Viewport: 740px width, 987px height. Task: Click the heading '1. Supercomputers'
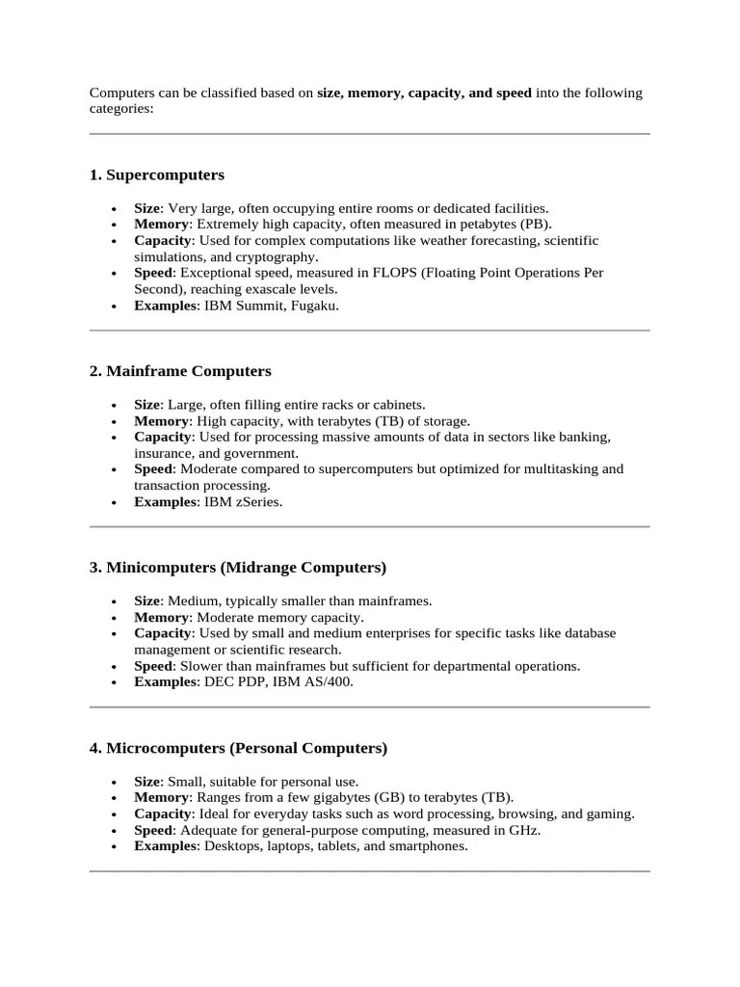click(x=157, y=175)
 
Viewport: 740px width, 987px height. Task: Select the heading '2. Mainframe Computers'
click(x=180, y=371)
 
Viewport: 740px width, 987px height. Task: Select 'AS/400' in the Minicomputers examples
click(x=330, y=682)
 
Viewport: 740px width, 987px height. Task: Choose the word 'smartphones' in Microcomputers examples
click(x=430, y=846)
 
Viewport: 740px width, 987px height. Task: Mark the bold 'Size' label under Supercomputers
click(x=146, y=208)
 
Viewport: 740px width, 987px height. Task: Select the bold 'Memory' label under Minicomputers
click(x=160, y=617)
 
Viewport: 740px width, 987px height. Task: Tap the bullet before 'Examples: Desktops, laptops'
click(x=115, y=847)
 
